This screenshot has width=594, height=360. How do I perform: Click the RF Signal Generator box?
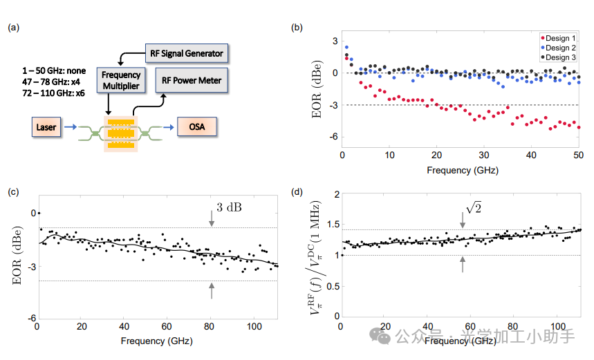pos(187,53)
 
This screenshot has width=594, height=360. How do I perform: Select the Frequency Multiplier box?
pos(120,80)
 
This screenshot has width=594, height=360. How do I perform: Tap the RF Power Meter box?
pos(192,80)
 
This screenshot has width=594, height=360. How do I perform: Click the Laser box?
pos(47,126)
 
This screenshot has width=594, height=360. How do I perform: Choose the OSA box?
pos(196,126)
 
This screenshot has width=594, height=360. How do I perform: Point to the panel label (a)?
pos(14,28)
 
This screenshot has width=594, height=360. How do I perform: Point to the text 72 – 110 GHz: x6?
pos(54,93)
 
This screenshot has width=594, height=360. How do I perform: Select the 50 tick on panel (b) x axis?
pos(578,155)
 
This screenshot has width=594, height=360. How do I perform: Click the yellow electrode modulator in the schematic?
pos(121,131)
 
